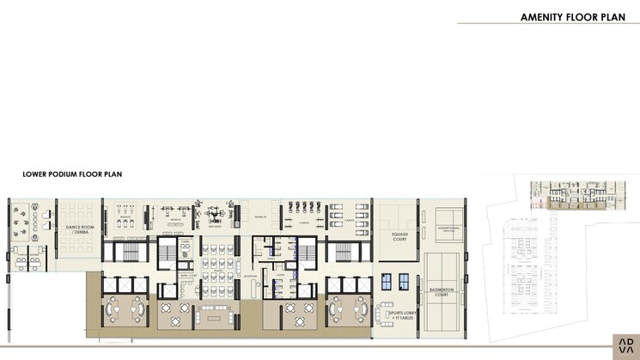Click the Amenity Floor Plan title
(567, 16)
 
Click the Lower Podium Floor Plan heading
(72, 174)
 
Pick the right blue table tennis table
(404, 281)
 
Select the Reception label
(251, 277)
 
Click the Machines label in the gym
(216, 226)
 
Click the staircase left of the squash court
(343, 251)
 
